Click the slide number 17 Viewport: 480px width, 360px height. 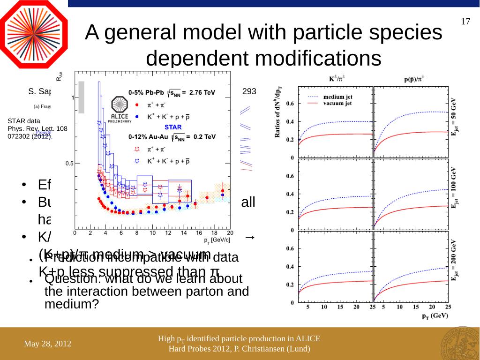click(x=465, y=22)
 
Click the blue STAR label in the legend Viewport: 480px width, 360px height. click(x=172, y=127)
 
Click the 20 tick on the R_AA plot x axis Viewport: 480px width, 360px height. click(x=229, y=232)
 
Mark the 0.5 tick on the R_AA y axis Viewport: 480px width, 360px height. click(x=68, y=164)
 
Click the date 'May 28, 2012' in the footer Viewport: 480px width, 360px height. click(x=48, y=344)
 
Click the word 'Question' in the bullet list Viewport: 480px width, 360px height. click(x=70, y=279)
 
